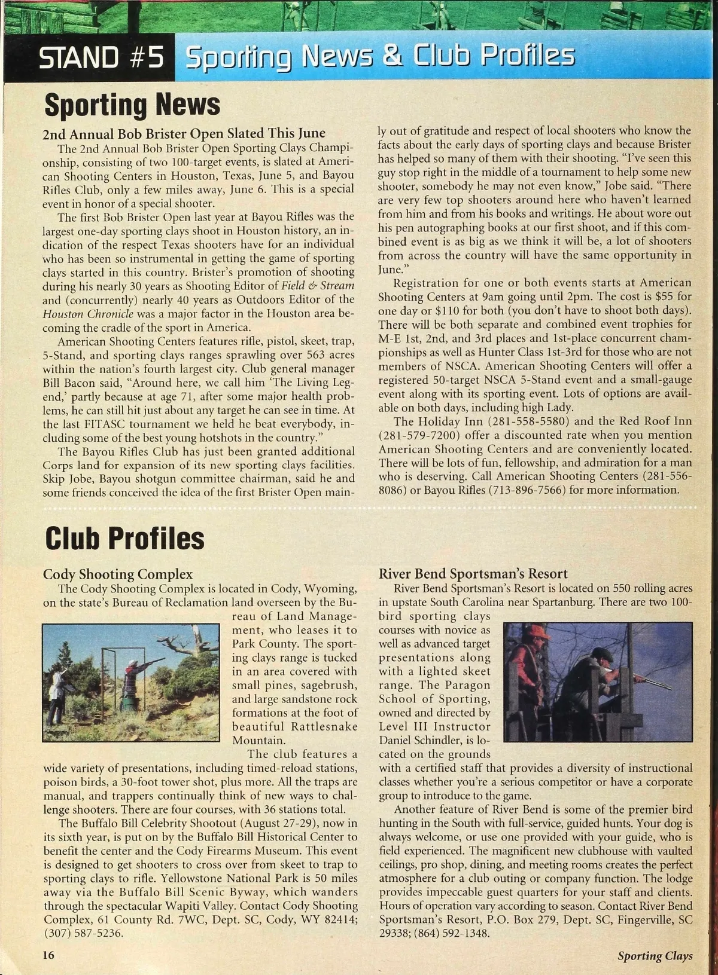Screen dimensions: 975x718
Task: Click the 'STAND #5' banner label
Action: click(x=101, y=59)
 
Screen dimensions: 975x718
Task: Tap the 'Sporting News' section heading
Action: click(x=132, y=105)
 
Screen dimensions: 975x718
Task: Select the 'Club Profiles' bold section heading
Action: click(x=124, y=537)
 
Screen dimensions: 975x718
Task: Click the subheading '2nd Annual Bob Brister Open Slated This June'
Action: click(x=184, y=133)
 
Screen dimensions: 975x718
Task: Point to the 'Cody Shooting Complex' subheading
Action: click(x=118, y=574)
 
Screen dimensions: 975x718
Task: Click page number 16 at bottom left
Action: click(x=48, y=955)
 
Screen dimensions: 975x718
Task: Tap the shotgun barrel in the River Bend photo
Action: click(x=652, y=680)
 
